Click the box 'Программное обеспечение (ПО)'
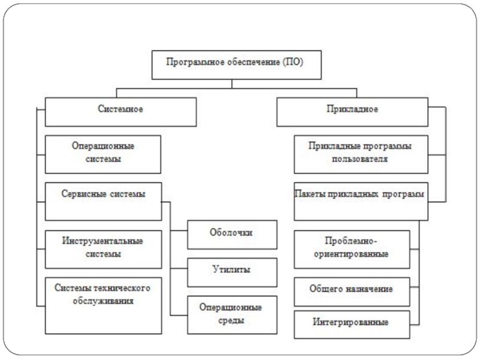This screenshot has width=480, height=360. [231, 64]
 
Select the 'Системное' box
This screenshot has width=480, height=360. [121, 111]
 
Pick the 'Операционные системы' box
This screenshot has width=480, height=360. [103, 154]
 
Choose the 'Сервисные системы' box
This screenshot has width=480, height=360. [103, 200]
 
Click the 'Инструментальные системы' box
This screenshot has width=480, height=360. [103, 248]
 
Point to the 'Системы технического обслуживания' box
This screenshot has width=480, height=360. [103, 305]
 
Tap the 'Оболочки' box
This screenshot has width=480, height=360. [232, 233]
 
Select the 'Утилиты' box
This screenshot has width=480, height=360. [232, 271]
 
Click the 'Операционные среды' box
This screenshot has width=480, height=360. [232, 314]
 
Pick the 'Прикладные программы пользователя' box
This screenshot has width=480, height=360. [360, 154]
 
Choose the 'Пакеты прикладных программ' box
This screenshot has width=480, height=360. [360, 200]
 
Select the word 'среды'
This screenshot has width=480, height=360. [232, 321]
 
